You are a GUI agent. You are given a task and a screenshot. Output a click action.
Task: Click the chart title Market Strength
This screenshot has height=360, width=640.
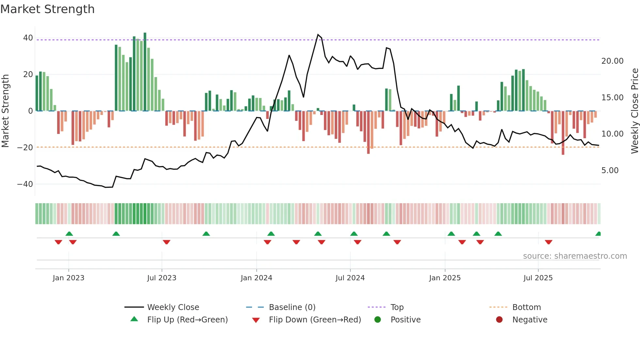[47, 9]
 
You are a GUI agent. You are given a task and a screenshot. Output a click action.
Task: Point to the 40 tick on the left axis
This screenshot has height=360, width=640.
[28, 38]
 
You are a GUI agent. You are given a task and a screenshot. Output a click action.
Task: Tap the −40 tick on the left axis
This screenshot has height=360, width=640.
[25, 184]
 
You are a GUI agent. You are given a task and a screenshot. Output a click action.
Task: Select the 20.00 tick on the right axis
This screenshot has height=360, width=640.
[612, 61]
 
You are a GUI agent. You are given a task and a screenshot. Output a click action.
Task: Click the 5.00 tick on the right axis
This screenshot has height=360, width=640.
[610, 171]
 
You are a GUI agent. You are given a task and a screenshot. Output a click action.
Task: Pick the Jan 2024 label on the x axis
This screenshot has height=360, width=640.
[256, 278]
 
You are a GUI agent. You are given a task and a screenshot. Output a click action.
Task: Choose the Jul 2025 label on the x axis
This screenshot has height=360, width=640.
[538, 278]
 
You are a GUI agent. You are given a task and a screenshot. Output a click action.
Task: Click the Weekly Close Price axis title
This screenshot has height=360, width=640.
[634, 111]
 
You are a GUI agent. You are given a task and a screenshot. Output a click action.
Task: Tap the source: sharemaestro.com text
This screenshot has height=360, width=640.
[575, 256]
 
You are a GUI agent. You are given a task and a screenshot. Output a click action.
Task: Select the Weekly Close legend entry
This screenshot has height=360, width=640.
[173, 307]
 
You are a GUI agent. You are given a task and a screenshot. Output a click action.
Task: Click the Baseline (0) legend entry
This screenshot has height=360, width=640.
[292, 307]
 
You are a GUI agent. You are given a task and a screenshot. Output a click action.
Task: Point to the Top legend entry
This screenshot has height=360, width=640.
[397, 307]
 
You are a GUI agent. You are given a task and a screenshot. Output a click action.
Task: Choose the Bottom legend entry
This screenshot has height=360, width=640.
[526, 307]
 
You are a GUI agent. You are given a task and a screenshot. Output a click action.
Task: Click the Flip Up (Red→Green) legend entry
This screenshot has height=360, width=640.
[187, 320]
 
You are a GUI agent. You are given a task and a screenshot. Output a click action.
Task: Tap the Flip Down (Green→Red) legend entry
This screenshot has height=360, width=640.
[315, 320]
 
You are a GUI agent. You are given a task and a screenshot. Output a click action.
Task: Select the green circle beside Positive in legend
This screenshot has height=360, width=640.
[378, 320]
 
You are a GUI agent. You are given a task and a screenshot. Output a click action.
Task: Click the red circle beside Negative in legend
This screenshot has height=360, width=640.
[499, 320]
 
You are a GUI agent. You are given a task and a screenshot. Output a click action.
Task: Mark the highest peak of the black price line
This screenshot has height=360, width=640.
[318, 35]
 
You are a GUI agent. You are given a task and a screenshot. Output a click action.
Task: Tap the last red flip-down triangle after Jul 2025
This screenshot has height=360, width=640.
[549, 242]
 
